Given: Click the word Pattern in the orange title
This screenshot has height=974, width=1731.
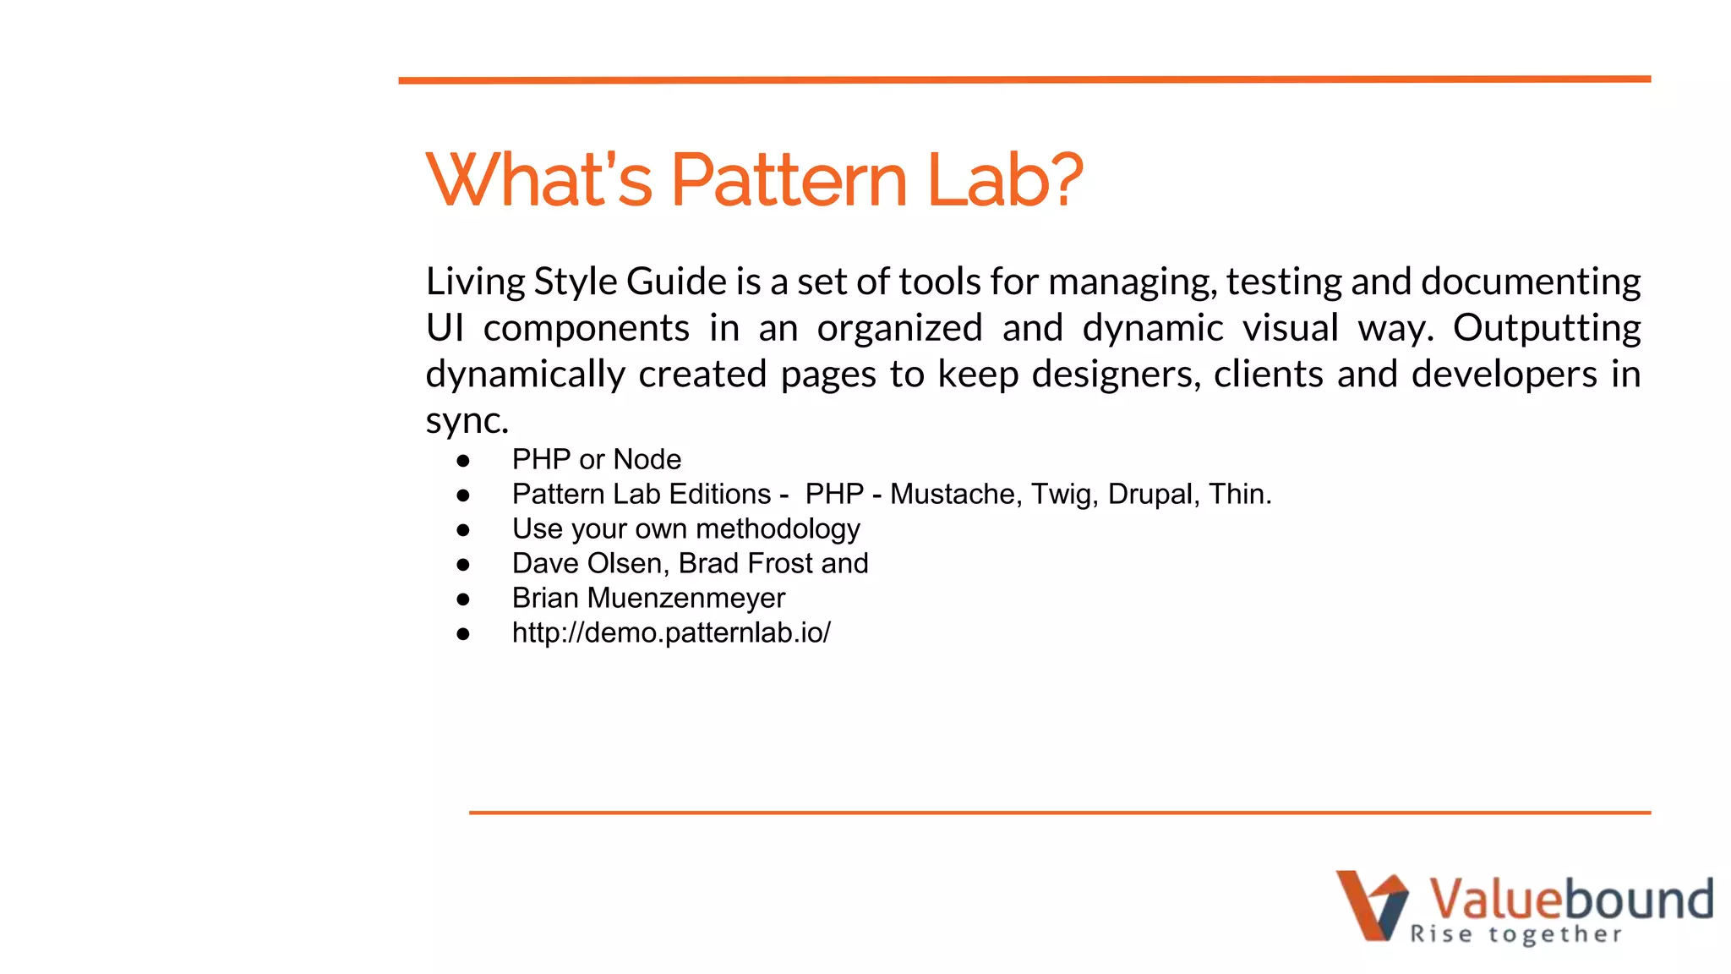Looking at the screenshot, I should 789,180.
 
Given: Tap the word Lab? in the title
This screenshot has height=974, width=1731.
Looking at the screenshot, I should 1004,180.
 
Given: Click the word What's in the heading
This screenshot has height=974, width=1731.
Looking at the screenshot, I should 539,180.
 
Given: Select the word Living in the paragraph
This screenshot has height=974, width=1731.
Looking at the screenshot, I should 475,282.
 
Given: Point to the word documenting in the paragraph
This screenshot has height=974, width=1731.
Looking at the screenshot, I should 1531,282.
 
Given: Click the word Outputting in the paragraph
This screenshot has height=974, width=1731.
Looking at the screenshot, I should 1547,329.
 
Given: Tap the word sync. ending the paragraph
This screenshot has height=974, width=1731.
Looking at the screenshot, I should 467,420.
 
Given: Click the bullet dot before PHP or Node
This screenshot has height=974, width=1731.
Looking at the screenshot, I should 462,461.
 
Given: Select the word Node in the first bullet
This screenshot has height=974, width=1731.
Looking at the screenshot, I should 647,459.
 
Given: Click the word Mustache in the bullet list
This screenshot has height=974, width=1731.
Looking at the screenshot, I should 952,494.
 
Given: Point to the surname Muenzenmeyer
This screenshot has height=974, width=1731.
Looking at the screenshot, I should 686,598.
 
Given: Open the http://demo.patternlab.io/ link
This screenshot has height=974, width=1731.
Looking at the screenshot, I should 671,632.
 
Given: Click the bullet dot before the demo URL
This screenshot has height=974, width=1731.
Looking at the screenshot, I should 462,634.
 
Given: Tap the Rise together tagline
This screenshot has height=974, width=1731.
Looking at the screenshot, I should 1515,934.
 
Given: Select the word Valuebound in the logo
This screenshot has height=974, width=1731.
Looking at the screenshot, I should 1570,898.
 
